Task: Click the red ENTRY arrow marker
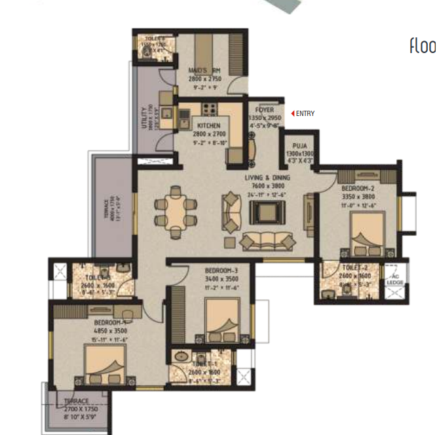(x=293, y=113)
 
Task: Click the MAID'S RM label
(x=205, y=71)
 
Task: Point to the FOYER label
(x=265, y=110)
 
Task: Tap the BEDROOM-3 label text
(x=221, y=271)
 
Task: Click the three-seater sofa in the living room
(x=265, y=240)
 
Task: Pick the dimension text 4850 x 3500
(x=108, y=331)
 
